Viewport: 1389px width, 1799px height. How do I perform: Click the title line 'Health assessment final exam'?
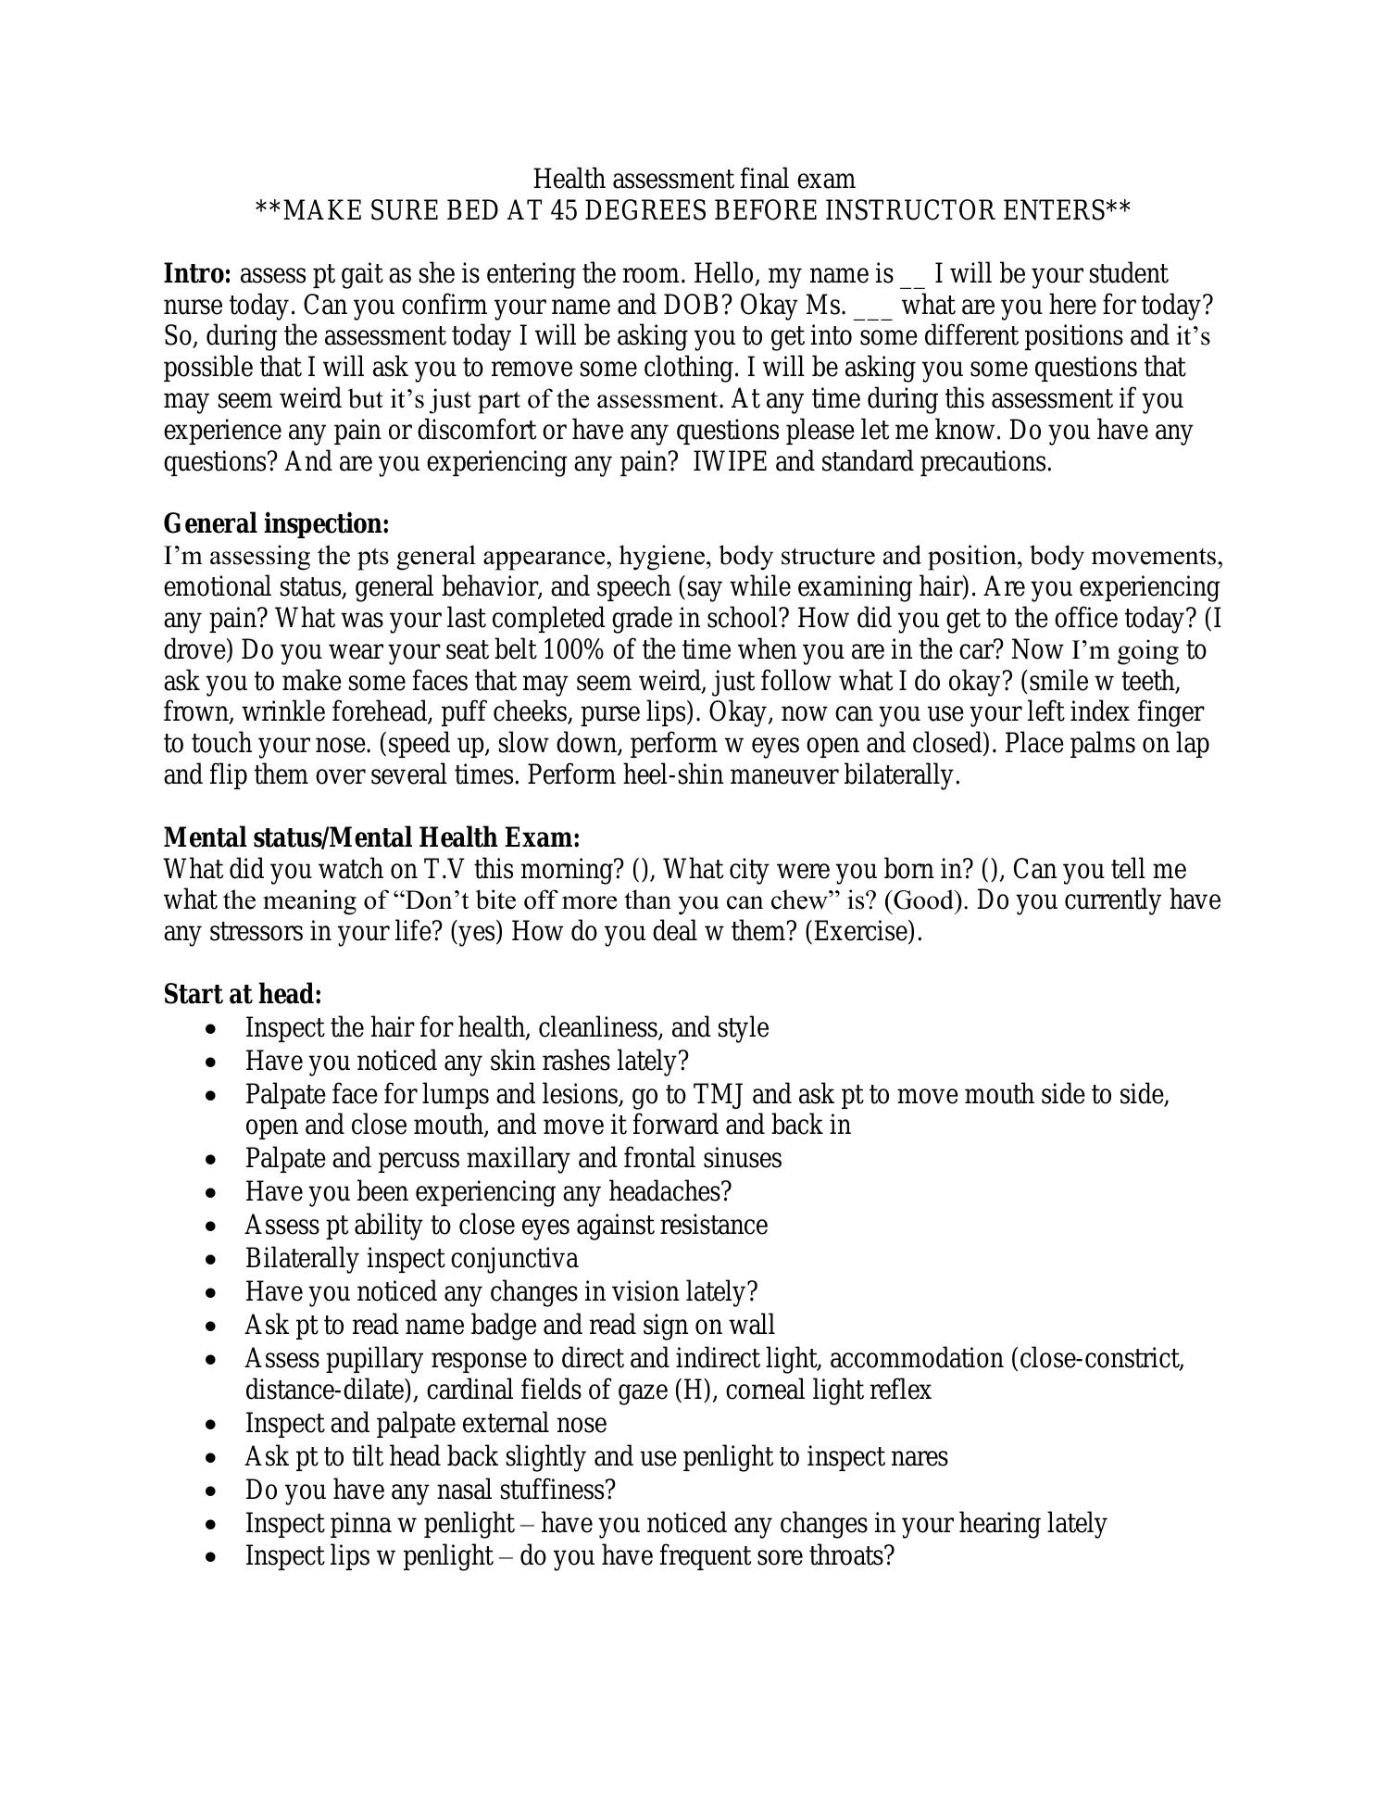point(694,179)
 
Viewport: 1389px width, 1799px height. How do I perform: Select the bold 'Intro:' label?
point(197,274)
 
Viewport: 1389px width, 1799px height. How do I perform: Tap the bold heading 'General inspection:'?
point(276,523)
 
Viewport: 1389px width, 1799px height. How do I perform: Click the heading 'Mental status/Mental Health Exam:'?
point(371,837)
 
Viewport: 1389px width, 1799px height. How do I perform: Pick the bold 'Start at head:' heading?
point(243,994)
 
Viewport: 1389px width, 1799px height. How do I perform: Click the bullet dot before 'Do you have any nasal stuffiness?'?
point(214,1491)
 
